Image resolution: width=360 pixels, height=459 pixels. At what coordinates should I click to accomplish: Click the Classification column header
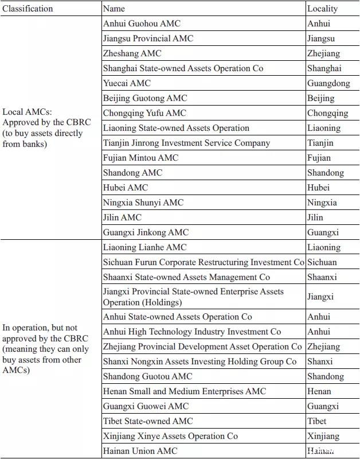(x=28, y=9)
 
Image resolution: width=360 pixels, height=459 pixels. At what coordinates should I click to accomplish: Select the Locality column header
(x=322, y=9)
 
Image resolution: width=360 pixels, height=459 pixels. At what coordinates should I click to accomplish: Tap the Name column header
(x=114, y=9)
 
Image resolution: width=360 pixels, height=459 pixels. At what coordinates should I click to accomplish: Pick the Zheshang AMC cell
(x=132, y=53)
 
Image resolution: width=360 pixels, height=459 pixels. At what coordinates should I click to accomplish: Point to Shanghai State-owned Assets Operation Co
(x=183, y=68)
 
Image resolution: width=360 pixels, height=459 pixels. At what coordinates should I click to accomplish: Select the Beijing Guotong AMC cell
(x=145, y=98)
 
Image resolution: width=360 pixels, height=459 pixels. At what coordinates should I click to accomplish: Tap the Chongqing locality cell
(x=327, y=113)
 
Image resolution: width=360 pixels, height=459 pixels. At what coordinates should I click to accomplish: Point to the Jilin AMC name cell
(x=122, y=217)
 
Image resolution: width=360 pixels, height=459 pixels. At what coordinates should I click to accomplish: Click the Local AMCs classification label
(x=42, y=128)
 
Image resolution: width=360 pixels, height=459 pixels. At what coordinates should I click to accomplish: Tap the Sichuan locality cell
(x=322, y=262)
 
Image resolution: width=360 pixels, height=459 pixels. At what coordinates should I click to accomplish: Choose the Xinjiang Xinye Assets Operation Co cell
(x=170, y=436)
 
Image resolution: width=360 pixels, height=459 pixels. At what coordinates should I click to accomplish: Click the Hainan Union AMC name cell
(x=140, y=451)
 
